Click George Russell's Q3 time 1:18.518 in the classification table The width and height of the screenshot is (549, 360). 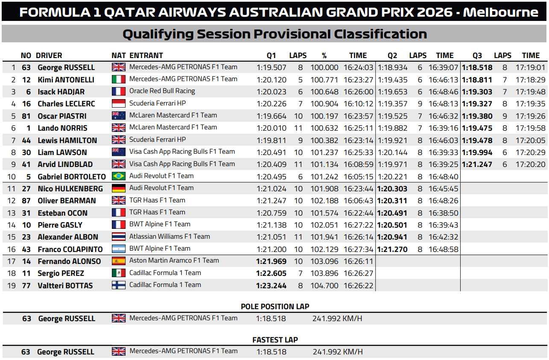[x=477, y=67]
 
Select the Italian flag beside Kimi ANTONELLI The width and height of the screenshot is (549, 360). [x=119, y=79]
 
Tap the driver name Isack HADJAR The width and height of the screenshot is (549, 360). [x=61, y=92]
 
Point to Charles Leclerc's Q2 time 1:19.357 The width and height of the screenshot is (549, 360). [x=392, y=104]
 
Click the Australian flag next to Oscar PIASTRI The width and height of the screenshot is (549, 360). [x=119, y=115]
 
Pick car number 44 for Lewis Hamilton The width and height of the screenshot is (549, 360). [x=26, y=140]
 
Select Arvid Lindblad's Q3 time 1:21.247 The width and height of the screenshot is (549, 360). [x=477, y=164]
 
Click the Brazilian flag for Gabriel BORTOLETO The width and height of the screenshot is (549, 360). [x=119, y=176]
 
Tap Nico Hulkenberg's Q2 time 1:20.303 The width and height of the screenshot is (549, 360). [x=392, y=189]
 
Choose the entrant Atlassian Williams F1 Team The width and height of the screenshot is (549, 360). [x=169, y=237]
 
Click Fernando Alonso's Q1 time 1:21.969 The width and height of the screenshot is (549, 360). [x=272, y=261]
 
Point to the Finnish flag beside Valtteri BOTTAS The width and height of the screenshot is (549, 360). [x=119, y=285]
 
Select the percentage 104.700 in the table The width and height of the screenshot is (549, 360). [x=324, y=286]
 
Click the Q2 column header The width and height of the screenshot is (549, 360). [x=392, y=56]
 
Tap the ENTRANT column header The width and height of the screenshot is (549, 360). [x=146, y=56]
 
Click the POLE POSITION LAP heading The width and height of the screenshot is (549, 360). [x=275, y=307]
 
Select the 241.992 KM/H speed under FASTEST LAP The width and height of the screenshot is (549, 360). [x=338, y=352]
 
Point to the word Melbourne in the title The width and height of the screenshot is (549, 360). [x=501, y=12]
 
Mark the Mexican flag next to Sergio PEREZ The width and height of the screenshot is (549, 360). [x=119, y=273]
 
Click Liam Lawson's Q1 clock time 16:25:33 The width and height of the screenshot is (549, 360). [x=358, y=152]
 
